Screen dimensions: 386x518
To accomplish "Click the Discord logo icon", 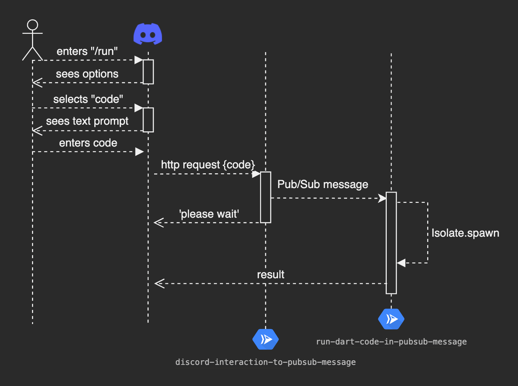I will (x=148, y=34).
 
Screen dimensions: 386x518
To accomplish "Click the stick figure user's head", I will (x=32, y=25).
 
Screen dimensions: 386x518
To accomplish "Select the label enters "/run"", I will (x=87, y=51).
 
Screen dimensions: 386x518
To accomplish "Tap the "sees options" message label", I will (x=87, y=74).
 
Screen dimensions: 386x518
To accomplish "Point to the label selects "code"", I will (x=88, y=99).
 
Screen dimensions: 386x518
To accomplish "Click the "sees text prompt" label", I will (x=87, y=121).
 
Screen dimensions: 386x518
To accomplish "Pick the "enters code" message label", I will (x=88, y=143).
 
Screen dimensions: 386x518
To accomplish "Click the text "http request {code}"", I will (x=208, y=165).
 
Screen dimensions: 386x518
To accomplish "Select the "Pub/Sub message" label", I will (x=323, y=185).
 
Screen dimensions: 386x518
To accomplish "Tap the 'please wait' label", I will (x=209, y=214).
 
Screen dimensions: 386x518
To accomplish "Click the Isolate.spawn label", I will (x=465, y=233).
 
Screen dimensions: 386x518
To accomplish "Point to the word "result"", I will (x=271, y=275).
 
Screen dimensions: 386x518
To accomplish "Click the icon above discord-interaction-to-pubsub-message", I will (x=266, y=339).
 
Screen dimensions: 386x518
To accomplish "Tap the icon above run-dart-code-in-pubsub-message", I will (x=391, y=319).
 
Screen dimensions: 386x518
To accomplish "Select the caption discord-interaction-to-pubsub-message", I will (x=266, y=362).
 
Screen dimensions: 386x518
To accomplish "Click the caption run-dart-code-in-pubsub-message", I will (x=391, y=342).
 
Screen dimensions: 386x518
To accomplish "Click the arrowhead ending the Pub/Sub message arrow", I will (x=382, y=198).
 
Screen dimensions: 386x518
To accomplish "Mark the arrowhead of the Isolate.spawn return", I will (x=401, y=263).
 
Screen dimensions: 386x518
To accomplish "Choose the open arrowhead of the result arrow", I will (x=159, y=284).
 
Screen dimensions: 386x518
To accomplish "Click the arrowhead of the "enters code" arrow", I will (x=139, y=152).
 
